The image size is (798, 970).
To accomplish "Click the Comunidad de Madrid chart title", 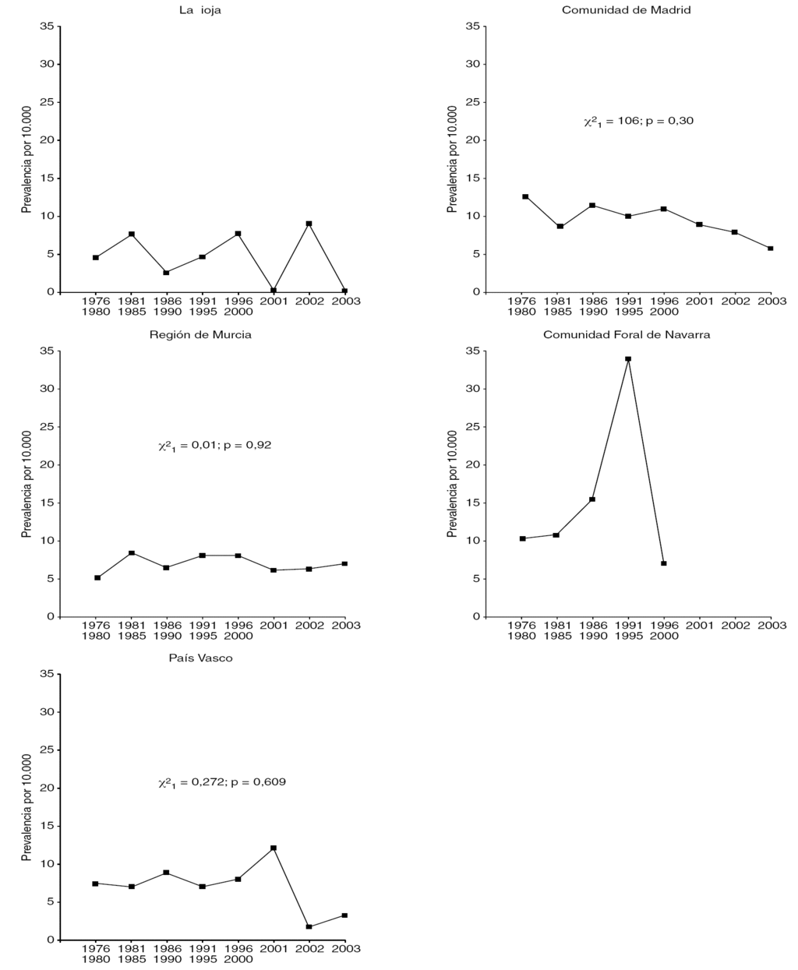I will [626, 10].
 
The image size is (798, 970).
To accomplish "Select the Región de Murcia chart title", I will [200, 334].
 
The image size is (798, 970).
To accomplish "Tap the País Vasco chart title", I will [200, 658].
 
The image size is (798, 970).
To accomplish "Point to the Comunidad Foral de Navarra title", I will [626, 334].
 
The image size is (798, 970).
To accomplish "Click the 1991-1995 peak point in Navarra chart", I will [628, 359].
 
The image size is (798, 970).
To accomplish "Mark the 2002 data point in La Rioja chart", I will [309, 224].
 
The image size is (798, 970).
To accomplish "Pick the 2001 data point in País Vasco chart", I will [274, 848].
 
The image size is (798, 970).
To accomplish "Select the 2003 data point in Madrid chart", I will [771, 249].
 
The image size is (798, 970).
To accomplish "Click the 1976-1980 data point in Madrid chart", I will [525, 196].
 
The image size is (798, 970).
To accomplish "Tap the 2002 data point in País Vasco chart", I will [309, 926].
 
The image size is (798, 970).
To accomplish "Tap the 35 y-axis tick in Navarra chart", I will [471, 351].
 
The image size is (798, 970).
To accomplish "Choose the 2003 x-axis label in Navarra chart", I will [772, 625].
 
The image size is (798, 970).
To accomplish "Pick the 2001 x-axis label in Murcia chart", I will [274, 625].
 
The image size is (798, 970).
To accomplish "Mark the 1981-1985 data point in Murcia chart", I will [132, 553].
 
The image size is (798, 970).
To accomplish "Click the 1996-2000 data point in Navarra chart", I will [664, 563].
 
